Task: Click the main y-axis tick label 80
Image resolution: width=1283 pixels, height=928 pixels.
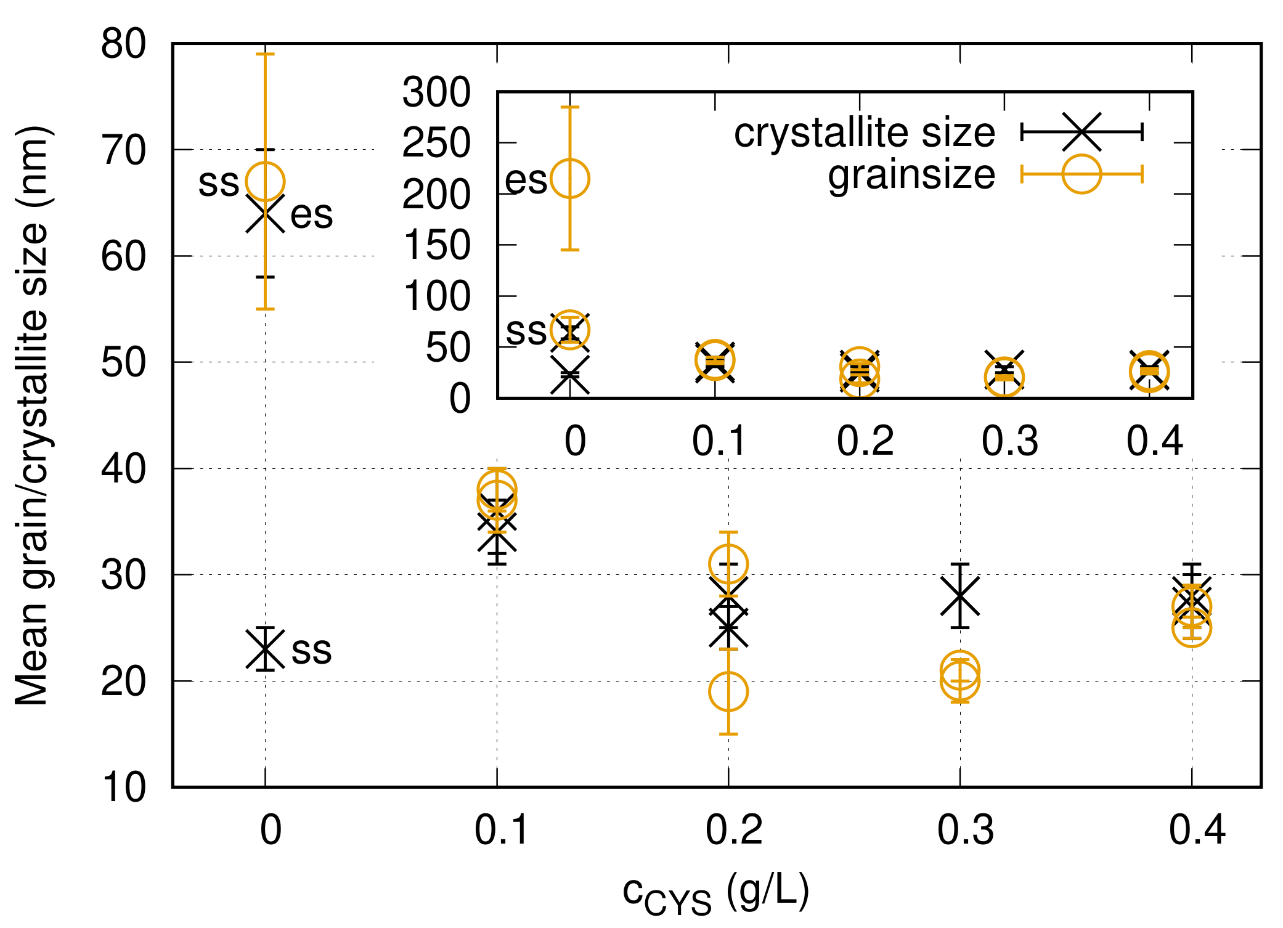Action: (123, 44)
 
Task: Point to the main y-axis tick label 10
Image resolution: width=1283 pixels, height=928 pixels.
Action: (123, 787)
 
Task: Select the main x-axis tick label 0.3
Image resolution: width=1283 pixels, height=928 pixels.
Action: (965, 830)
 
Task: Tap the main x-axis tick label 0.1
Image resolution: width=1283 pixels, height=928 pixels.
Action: (501, 830)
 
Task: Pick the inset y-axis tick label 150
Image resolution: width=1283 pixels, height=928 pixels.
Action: (436, 245)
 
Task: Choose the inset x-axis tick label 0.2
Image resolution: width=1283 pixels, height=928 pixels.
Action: (865, 441)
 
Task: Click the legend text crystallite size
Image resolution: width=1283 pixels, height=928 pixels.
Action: (864, 132)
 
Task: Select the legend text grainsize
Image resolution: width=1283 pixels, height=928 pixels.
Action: (911, 175)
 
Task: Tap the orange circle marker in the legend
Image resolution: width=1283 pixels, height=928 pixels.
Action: (1081, 174)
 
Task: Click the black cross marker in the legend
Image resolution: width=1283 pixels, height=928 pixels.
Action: (1081, 131)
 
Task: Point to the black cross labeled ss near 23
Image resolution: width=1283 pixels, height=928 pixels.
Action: (265, 649)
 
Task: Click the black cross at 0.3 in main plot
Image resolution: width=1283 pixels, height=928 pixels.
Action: (960, 596)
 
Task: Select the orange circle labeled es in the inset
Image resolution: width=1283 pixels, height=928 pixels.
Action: (570, 179)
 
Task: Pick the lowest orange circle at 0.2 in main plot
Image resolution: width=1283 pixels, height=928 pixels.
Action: (728, 691)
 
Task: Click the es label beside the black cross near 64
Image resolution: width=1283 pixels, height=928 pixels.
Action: (311, 215)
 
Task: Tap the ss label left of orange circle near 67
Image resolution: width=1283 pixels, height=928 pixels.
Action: (218, 183)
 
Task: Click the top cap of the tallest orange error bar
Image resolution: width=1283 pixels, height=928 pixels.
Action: (265, 54)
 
